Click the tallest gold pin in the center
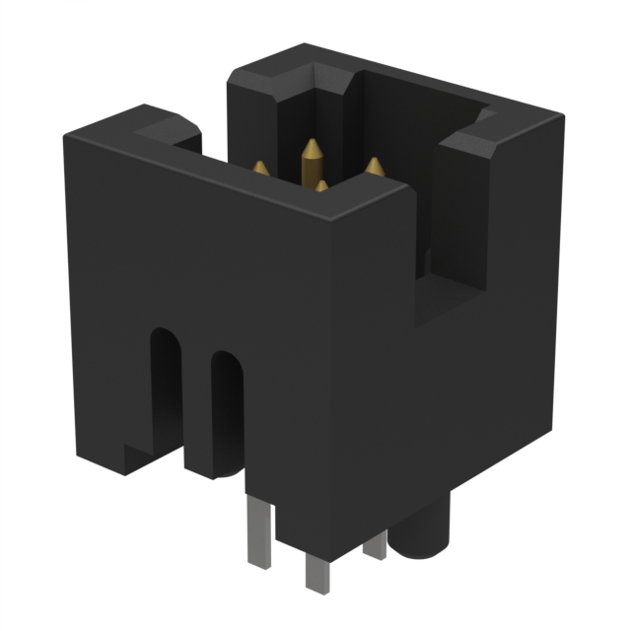point(312,153)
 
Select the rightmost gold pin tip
point(375,167)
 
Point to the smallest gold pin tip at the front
point(321,184)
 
